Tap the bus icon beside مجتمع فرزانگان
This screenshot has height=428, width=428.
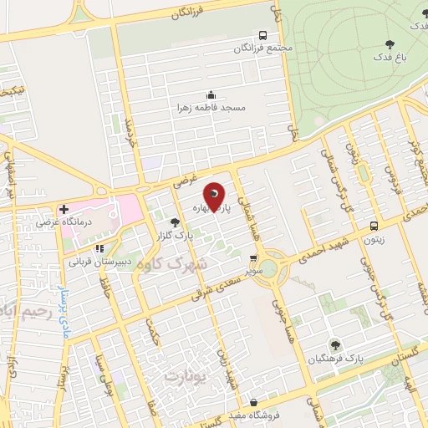pyautogui.click(x=262, y=36)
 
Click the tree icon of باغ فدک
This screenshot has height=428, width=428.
pyautogui.click(x=390, y=44)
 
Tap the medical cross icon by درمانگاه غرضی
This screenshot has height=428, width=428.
pyautogui.click(x=64, y=208)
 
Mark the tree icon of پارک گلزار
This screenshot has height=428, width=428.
pyautogui.click(x=175, y=222)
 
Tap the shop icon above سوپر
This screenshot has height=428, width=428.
pyautogui.click(x=253, y=259)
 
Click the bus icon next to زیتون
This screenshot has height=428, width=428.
pyautogui.click(x=374, y=225)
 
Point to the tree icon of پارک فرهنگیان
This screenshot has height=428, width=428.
pyautogui.click(x=334, y=344)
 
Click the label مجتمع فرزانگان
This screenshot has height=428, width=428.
pyautogui.click(x=263, y=48)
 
